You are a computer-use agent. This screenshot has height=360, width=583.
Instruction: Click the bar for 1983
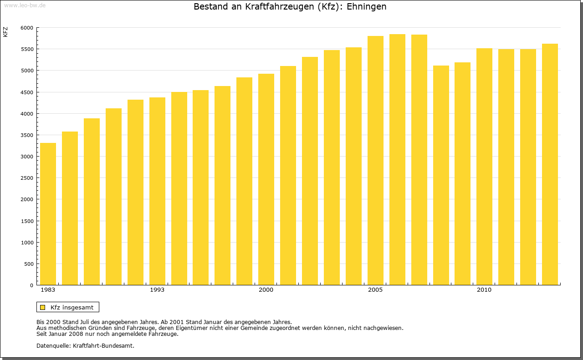[x=48, y=214]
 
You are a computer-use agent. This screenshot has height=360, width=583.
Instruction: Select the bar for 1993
[x=157, y=191]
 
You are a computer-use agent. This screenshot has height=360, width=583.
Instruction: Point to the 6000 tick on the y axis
[x=27, y=28]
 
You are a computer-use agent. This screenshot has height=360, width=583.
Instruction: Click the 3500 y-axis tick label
[x=27, y=135]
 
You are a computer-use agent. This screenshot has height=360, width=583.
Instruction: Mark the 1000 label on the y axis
[x=27, y=243]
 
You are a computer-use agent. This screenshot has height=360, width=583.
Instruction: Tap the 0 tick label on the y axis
[x=31, y=285]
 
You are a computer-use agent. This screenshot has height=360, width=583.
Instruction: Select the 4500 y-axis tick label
[x=27, y=92]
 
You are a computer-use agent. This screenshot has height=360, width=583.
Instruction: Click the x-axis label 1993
[x=157, y=290]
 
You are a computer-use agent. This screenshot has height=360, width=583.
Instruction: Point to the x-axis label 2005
[x=375, y=290]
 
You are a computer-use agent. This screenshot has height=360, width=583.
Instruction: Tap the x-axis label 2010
[x=484, y=290]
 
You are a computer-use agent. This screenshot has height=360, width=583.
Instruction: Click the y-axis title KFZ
[x=5, y=32]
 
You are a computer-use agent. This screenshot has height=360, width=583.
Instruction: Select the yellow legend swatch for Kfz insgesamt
[x=42, y=307]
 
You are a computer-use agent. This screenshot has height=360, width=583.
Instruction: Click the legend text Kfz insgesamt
[x=72, y=307]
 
